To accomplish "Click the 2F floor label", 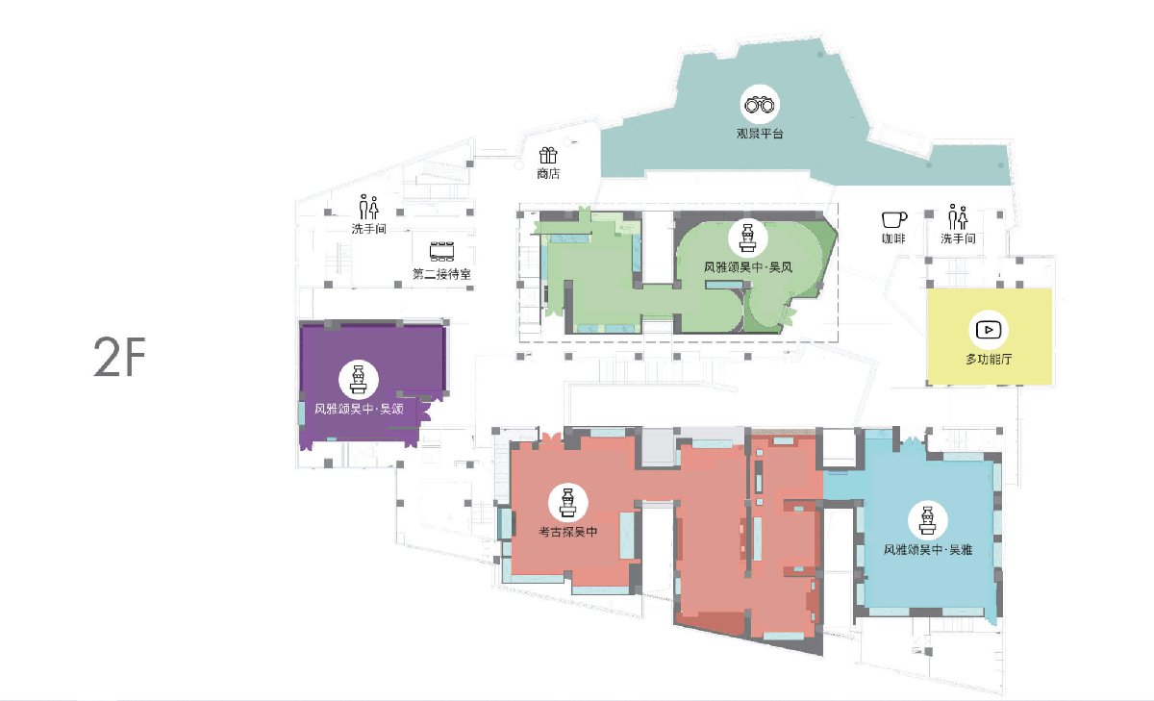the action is coord(119,357).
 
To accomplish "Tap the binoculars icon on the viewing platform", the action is coord(760,105).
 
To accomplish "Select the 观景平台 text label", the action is coord(760,134).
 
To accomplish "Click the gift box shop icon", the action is coord(548,155).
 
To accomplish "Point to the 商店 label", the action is coord(548,174).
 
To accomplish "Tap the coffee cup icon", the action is coord(893,220).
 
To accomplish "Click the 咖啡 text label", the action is coord(893,238).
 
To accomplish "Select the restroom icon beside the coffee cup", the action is coord(958,217).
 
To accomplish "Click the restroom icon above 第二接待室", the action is coord(369,207).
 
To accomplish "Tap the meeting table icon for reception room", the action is coord(441,251).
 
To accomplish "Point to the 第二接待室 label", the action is coord(441,274).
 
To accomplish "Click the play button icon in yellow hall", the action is coord(989,330).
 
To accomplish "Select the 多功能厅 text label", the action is coord(989,359).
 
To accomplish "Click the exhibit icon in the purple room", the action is coord(359,380).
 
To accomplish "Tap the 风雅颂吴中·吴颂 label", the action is coord(359,410).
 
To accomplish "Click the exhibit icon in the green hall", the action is coord(747,238).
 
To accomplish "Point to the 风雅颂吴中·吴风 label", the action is coord(748,267).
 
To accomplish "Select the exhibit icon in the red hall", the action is coord(567,503).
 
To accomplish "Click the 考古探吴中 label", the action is coord(567,532).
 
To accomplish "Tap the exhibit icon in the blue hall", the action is coord(927,520).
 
